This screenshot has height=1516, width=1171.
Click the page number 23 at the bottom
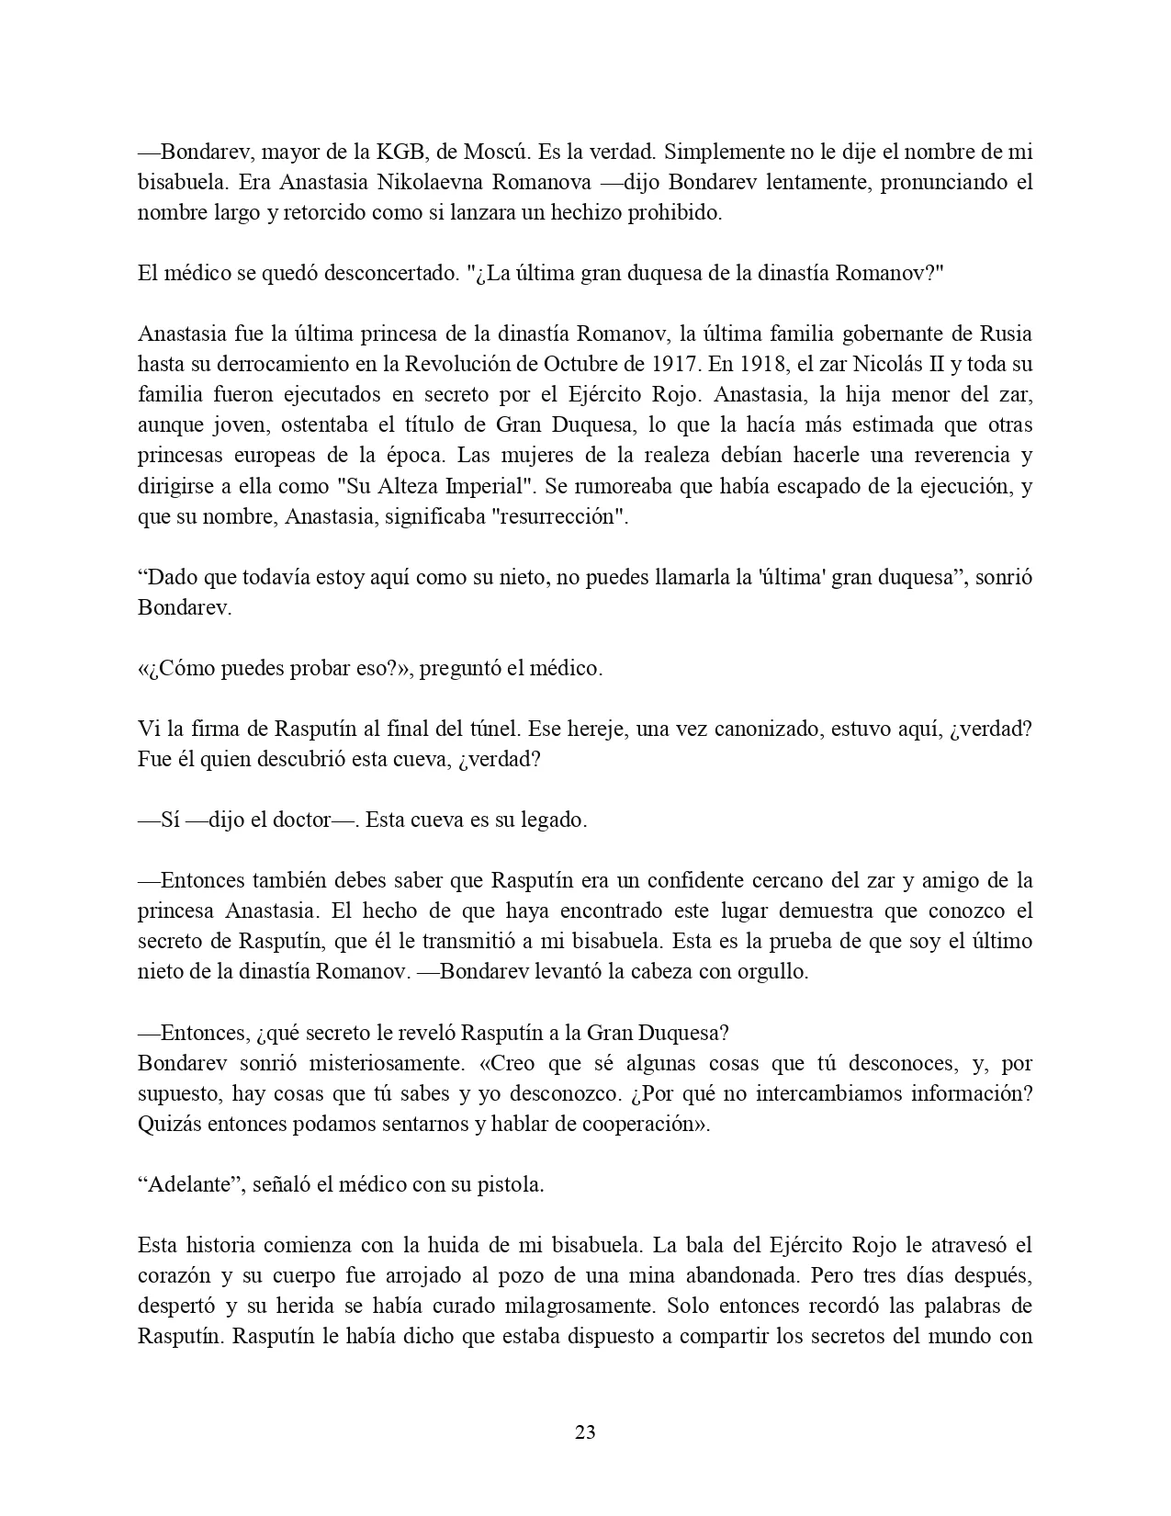(585, 1431)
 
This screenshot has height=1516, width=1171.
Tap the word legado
(557, 820)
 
